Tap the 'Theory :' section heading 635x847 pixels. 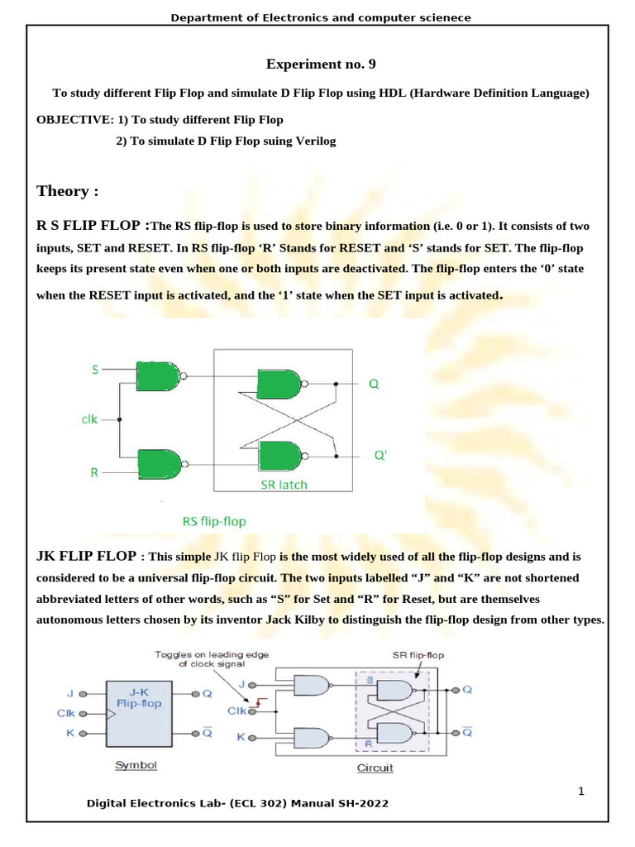pos(67,191)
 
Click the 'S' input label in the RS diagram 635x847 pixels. pos(95,370)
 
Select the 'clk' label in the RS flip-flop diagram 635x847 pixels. pos(89,419)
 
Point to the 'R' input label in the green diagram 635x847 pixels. pos(94,473)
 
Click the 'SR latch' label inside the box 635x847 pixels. pos(278,484)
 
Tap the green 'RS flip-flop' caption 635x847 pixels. pos(214,521)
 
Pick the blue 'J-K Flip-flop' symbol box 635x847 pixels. pos(139,712)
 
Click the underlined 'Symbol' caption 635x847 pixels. pos(136,765)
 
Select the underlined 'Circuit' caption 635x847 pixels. pos(375,768)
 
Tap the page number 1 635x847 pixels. pos(581,791)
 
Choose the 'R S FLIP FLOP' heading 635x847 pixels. pos(91,224)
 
